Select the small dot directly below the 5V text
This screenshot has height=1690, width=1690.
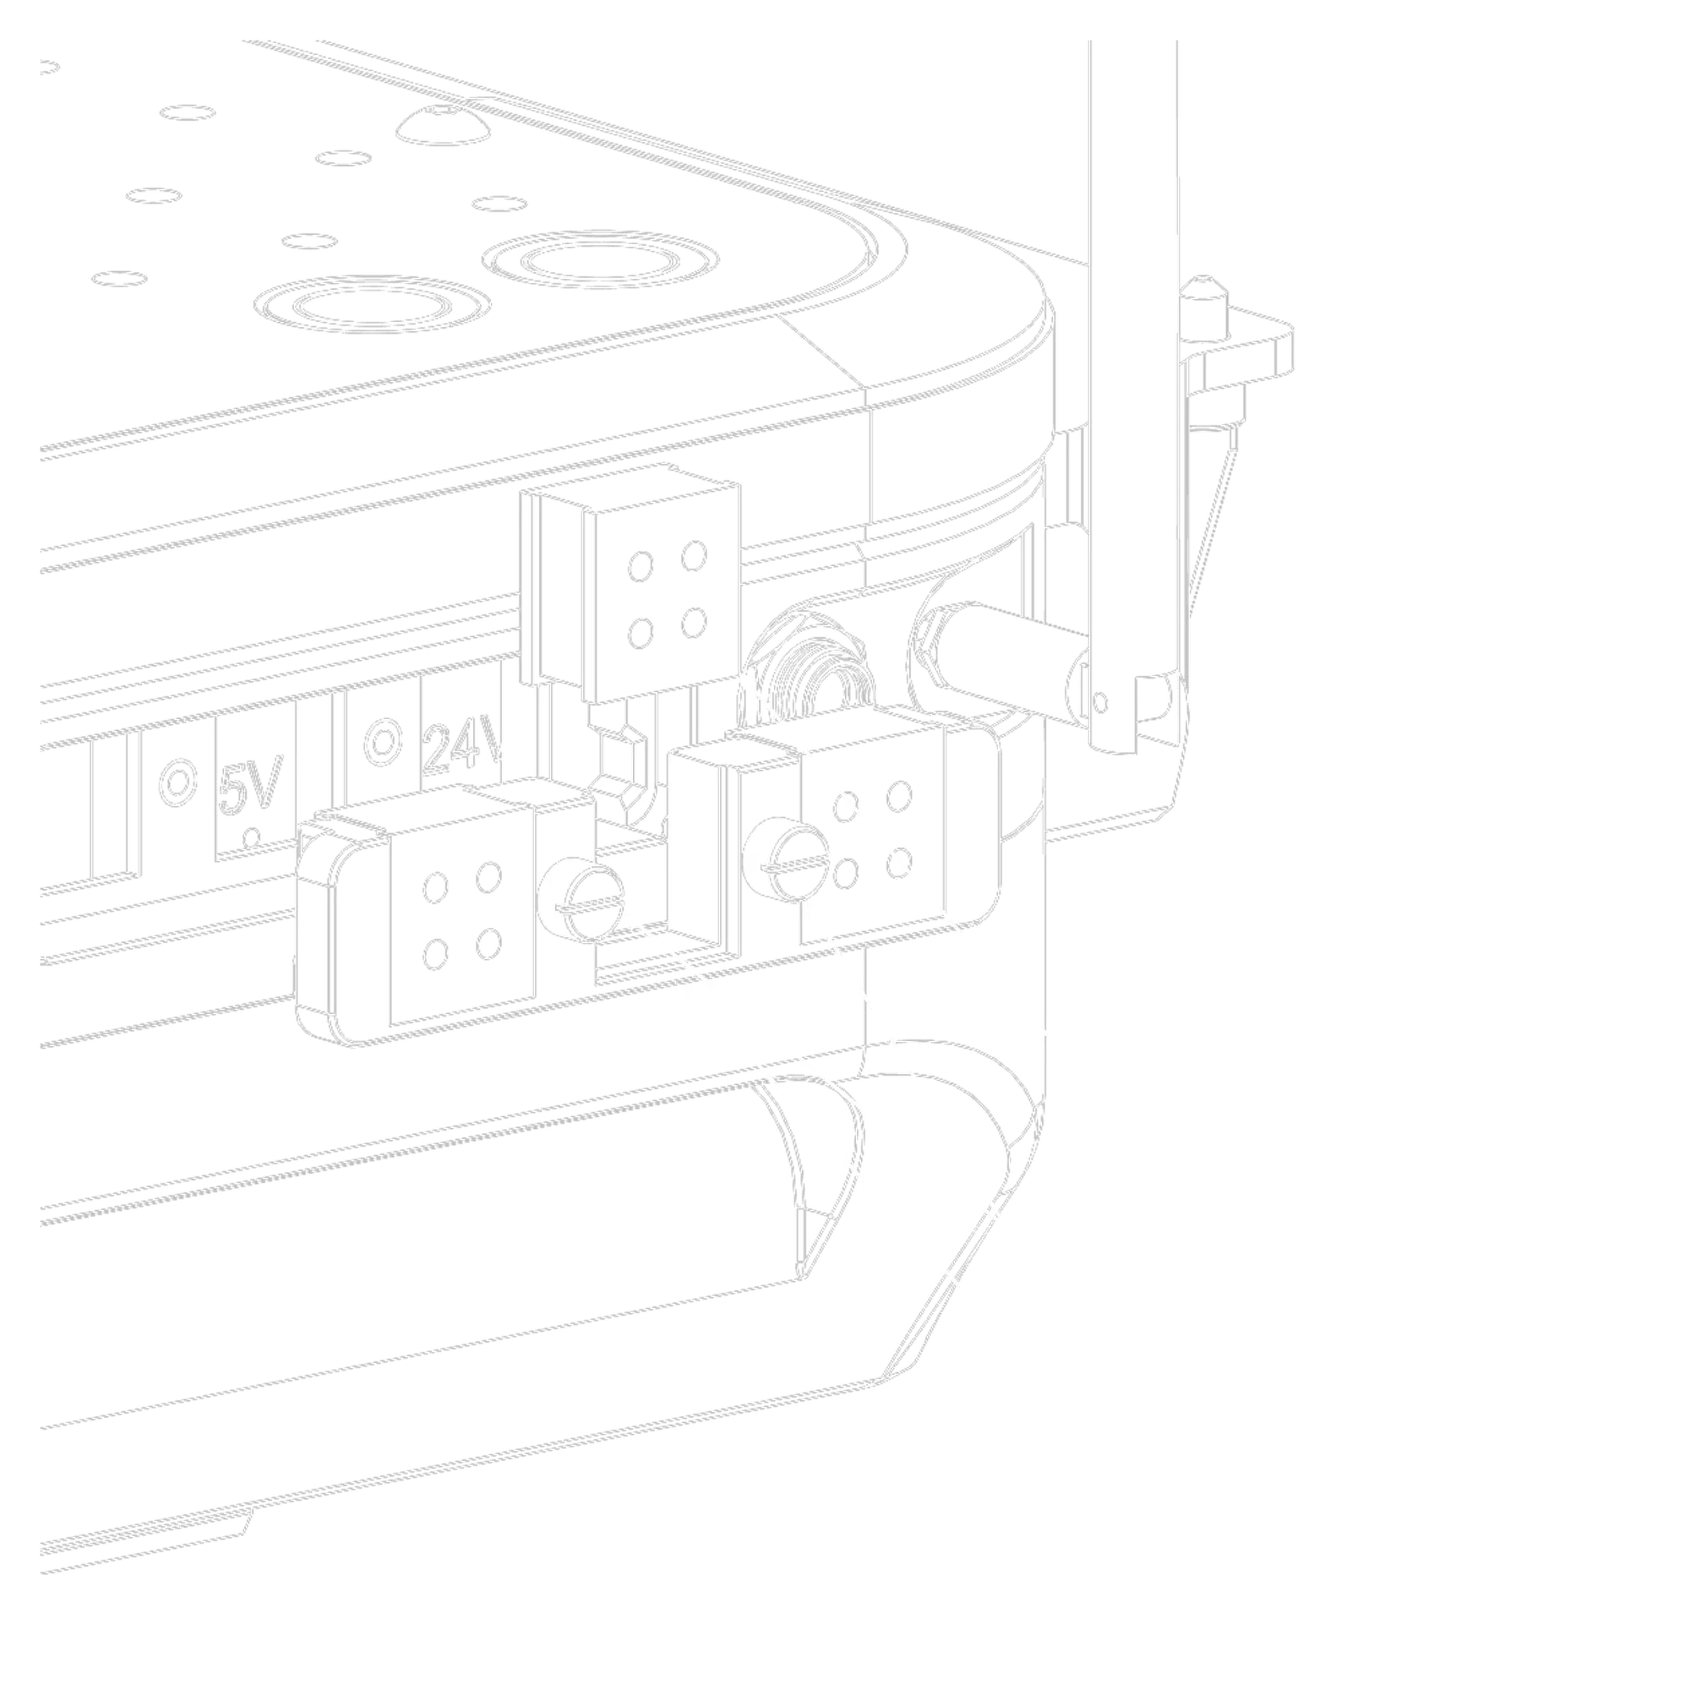[x=251, y=837]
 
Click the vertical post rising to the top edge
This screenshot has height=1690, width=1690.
[x=1128, y=350]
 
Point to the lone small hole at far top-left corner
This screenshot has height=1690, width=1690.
[x=48, y=68]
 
